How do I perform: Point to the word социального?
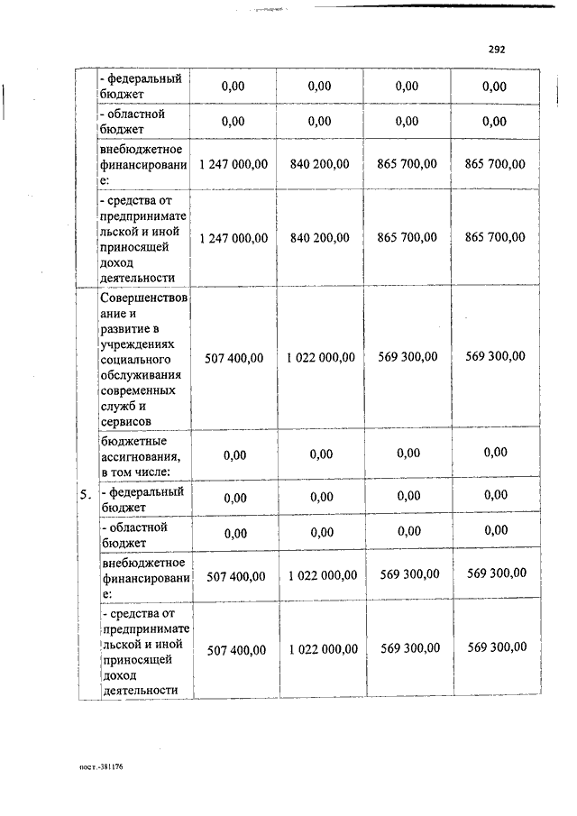[x=140, y=359]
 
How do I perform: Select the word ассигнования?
[x=143, y=454]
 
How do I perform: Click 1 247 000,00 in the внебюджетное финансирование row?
[x=234, y=164]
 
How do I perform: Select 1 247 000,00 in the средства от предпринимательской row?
[x=234, y=238]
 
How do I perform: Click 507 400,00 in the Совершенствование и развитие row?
[x=234, y=358]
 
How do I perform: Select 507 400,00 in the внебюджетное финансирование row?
[x=235, y=575]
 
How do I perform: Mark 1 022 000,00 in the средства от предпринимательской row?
[x=324, y=649]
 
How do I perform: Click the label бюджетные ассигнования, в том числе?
[x=143, y=454]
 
